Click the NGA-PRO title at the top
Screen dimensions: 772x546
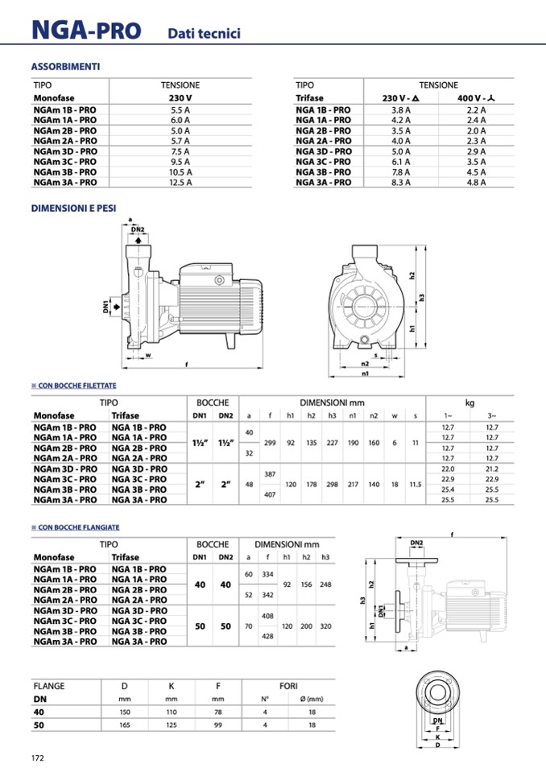tap(85, 31)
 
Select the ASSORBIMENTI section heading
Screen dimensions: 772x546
tap(65, 67)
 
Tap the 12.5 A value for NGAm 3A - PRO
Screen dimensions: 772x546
tap(180, 183)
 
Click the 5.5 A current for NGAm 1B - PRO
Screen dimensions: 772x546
tap(180, 109)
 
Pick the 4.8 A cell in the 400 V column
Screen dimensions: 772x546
tap(477, 183)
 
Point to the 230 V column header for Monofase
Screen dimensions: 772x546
tap(180, 98)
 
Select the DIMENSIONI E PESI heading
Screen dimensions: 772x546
tap(73, 208)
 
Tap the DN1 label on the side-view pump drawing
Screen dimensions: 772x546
tap(106, 307)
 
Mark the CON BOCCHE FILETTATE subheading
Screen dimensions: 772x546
tap(77, 386)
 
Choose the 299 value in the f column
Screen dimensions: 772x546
tap(270, 442)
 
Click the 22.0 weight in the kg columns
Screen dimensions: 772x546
tap(449, 469)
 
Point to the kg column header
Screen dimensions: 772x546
tap(469, 402)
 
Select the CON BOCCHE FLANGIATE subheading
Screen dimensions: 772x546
tap(78, 527)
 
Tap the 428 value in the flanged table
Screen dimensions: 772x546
tap(269, 636)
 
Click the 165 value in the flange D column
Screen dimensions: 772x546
tap(124, 725)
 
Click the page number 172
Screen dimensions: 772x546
tap(37, 758)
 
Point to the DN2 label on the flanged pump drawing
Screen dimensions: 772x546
tap(416, 543)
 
